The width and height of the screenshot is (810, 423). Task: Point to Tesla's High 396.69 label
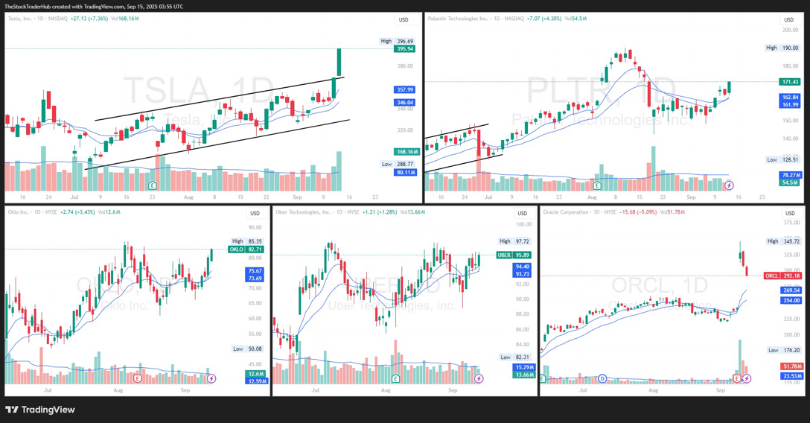coord(397,42)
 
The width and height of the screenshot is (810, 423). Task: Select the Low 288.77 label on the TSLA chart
coord(397,164)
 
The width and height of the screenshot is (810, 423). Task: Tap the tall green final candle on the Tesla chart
coord(339,63)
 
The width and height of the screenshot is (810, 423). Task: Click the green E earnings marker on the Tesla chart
coord(153,185)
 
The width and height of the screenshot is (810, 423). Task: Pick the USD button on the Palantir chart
coord(788,20)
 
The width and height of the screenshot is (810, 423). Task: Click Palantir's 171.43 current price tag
coord(790,82)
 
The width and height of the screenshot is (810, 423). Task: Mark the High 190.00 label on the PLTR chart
coord(782,48)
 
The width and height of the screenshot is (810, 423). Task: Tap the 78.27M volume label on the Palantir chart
coord(790,175)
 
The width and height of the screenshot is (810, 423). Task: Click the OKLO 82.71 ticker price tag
coord(246,249)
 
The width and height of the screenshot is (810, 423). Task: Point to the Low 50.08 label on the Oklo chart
coord(248,349)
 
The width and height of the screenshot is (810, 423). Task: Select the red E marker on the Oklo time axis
coord(138,379)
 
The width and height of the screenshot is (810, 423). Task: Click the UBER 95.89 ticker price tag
coord(514,255)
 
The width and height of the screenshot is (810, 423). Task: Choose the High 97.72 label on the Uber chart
coord(514,241)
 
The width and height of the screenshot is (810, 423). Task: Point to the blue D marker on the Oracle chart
coord(602,379)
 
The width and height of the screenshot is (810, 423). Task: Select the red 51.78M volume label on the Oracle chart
coord(791,366)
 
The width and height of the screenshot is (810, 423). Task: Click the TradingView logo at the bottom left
coord(40,410)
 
